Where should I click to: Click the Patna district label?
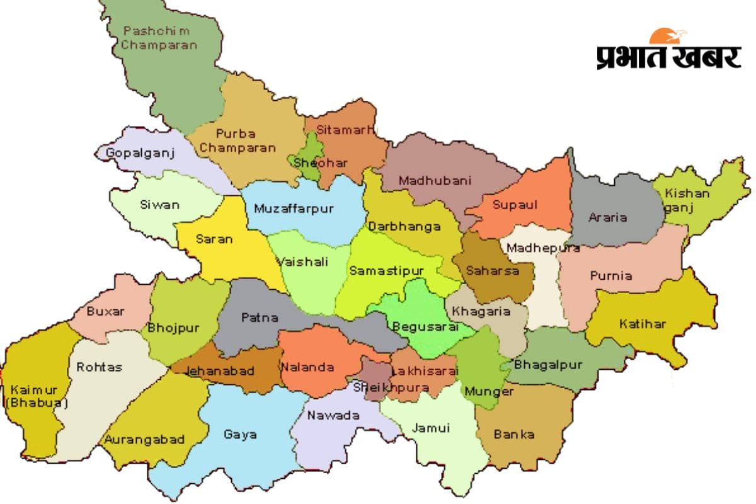click(x=260, y=318)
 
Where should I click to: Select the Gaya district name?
click(x=240, y=435)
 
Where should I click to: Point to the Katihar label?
click(x=642, y=324)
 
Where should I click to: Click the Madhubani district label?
click(x=435, y=181)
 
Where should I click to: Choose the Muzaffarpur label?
click(x=294, y=209)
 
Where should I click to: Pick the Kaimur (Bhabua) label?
click(x=37, y=396)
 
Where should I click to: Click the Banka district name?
click(x=514, y=434)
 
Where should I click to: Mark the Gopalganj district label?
click(x=137, y=153)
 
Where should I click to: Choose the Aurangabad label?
click(x=146, y=439)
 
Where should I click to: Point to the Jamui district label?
click(x=431, y=428)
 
